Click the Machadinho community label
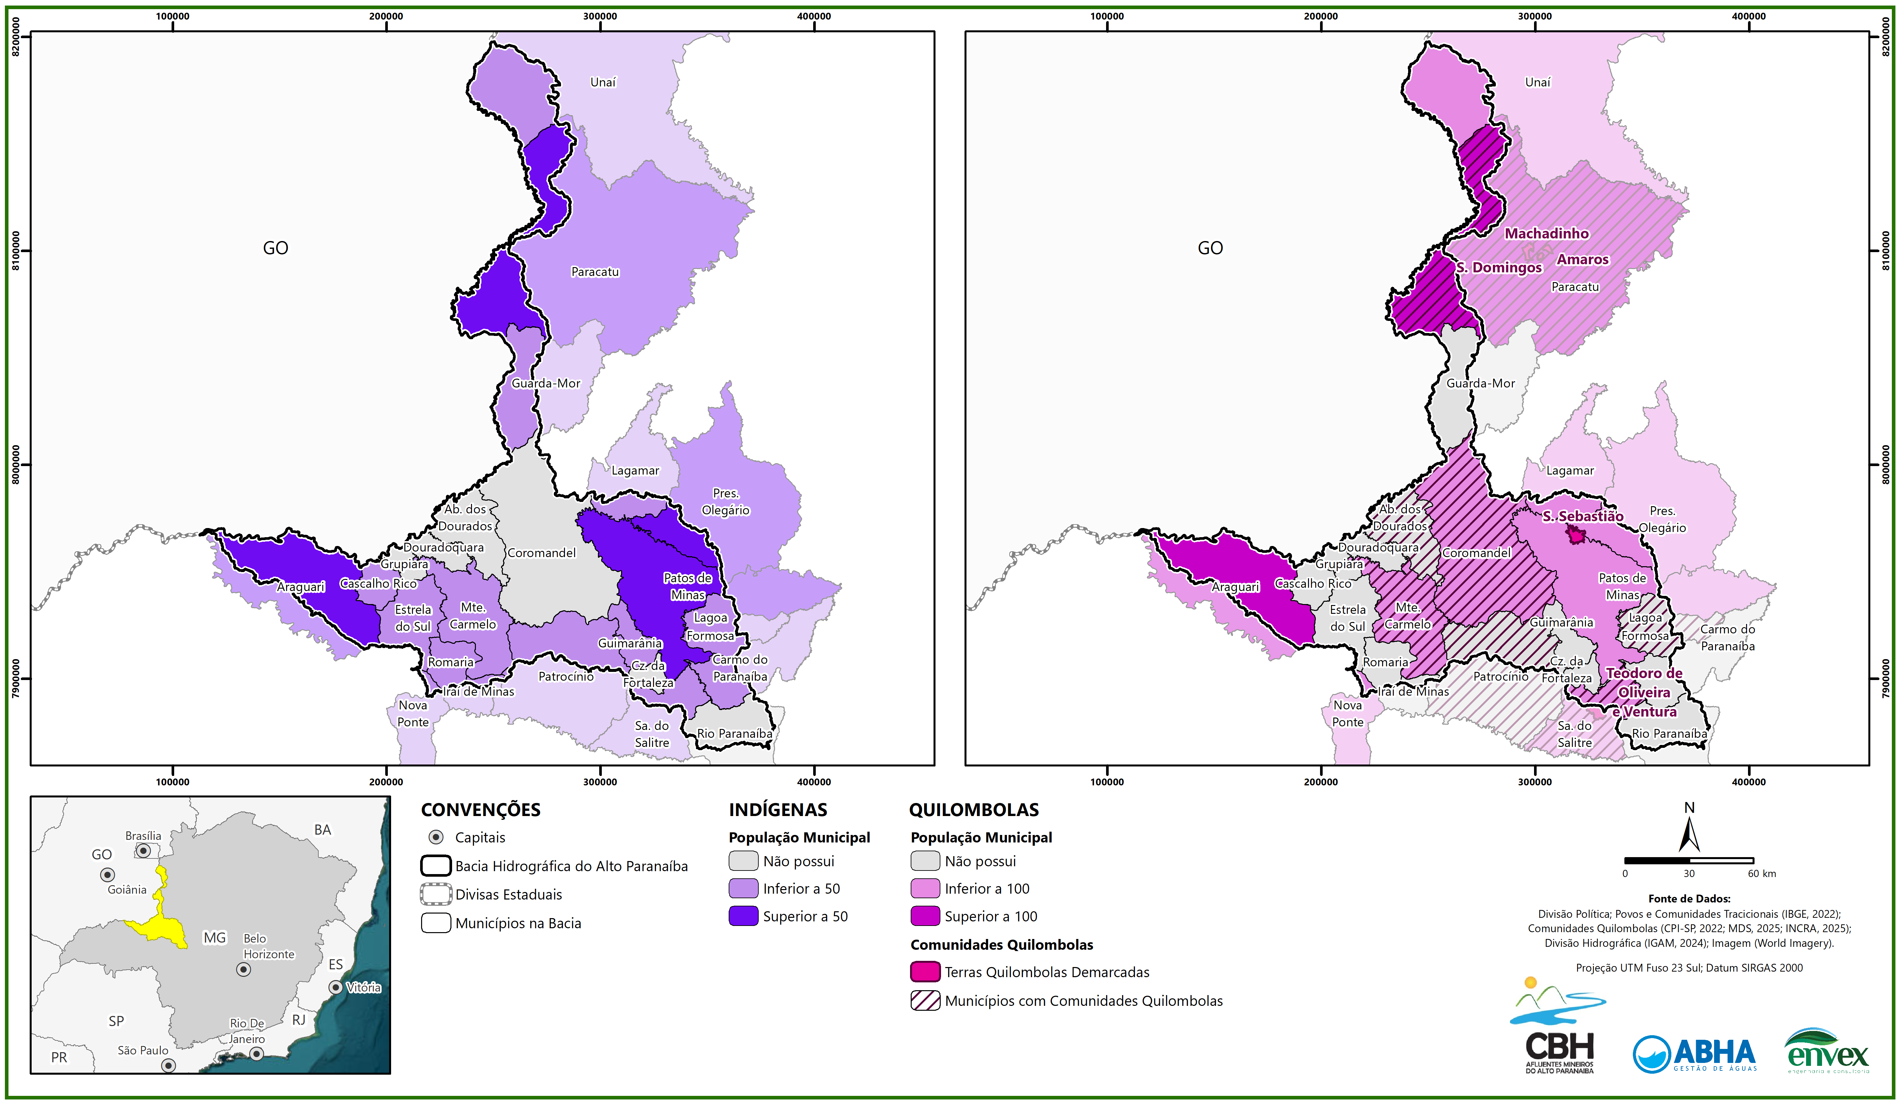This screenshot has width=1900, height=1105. (1546, 234)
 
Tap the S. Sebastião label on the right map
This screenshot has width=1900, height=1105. (1582, 516)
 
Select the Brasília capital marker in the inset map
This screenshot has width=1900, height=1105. (143, 850)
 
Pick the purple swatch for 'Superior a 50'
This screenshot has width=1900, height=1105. (743, 916)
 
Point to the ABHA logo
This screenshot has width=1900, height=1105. (1694, 1054)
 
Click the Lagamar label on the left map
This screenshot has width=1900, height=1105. (635, 470)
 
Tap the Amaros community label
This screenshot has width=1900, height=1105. (1583, 259)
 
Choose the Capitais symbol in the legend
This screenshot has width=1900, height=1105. (436, 838)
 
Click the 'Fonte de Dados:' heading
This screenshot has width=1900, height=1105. (1689, 899)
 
